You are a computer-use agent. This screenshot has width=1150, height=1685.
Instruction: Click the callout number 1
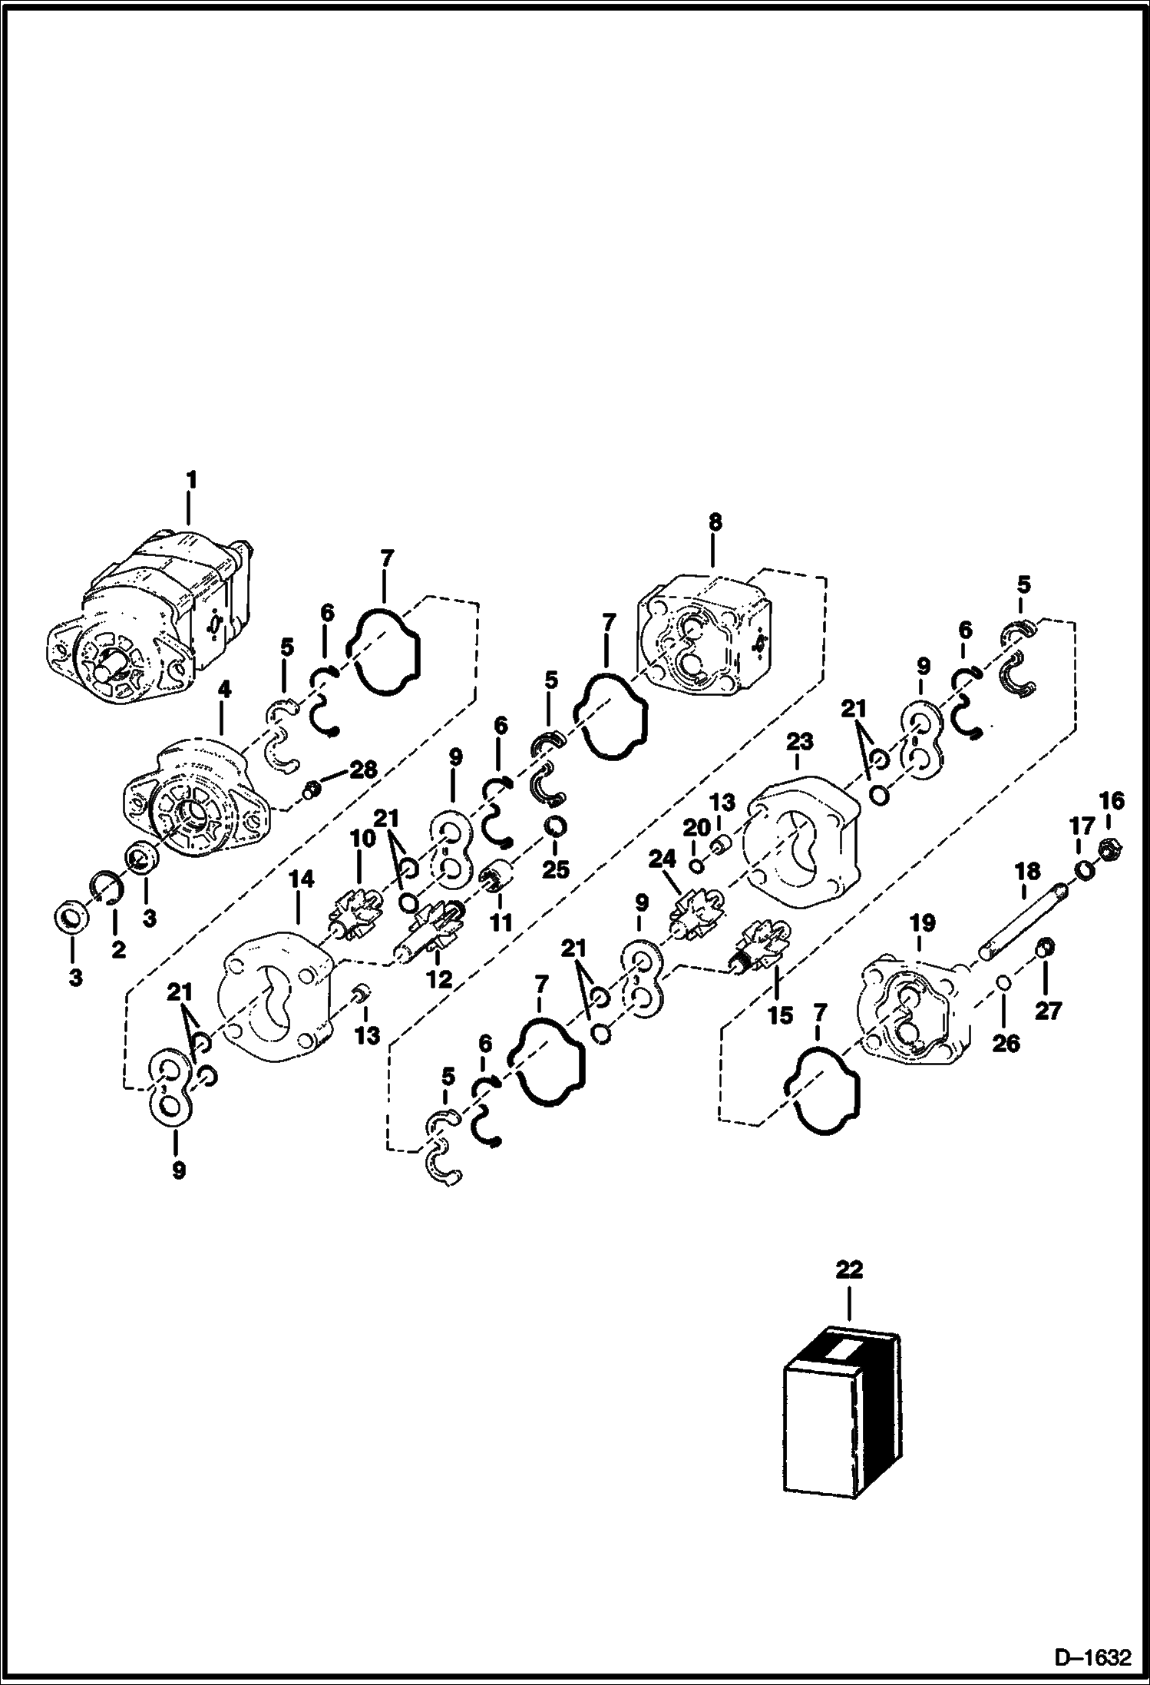click(x=191, y=480)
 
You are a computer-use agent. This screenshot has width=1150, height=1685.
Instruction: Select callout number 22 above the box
click(x=849, y=1270)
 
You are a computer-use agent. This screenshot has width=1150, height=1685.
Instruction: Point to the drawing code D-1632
click(x=1092, y=1659)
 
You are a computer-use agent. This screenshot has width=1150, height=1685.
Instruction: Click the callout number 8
click(x=714, y=522)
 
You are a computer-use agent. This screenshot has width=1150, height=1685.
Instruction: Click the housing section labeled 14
click(x=275, y=996)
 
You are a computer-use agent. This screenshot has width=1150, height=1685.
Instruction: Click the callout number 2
click(x=117, y=949)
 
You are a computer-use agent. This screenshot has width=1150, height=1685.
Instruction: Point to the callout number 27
click(x=1048, y=1011)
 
